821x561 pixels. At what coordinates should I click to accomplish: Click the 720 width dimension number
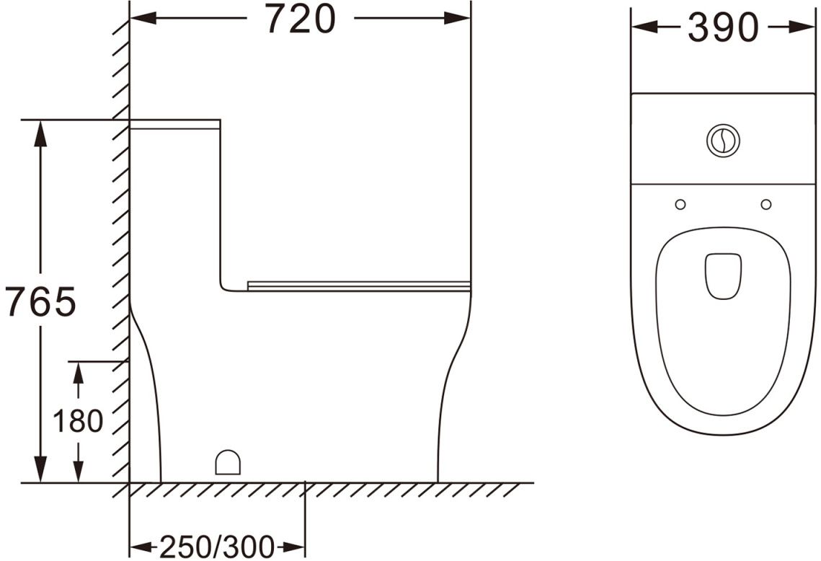300,19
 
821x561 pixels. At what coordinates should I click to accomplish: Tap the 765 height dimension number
41,301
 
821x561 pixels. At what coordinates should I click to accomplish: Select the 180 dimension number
78,420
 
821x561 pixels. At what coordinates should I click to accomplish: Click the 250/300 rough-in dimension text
216,547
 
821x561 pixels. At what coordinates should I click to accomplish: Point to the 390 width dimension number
723,27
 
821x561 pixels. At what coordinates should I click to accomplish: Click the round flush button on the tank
723,140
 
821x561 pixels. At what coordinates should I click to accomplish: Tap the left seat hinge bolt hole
680,204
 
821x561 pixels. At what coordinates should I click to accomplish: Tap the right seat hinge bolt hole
766,204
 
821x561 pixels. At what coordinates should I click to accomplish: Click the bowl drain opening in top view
723,277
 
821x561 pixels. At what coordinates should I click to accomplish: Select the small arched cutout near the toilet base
228,462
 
